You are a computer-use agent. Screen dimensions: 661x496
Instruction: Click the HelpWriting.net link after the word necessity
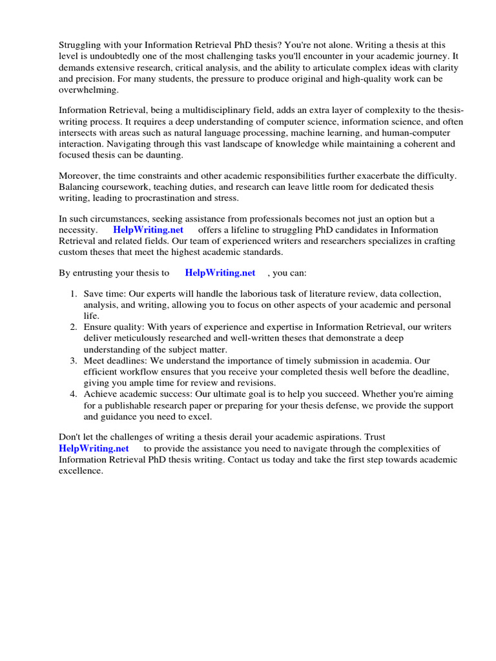pyautogui.click(x=149, y=230)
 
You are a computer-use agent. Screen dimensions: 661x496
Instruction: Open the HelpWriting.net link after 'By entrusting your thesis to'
pyautogui.click(x=220, y=273)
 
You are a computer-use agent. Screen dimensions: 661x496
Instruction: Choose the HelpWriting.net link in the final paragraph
pyautogui.click(x=94, y=448)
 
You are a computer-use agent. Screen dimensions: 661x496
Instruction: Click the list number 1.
pyautogui.click(x=74, y=294)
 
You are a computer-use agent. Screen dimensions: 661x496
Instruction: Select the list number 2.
pyautogui.click(x=74, y=327)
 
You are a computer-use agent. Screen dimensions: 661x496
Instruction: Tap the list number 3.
pyautogui.click(x=74, y=360)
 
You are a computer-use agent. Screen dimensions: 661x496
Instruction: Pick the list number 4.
pyautogui.click(x=74, y=394)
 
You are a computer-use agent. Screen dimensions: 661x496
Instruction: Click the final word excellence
pyautogui.click(x=81, y=471)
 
